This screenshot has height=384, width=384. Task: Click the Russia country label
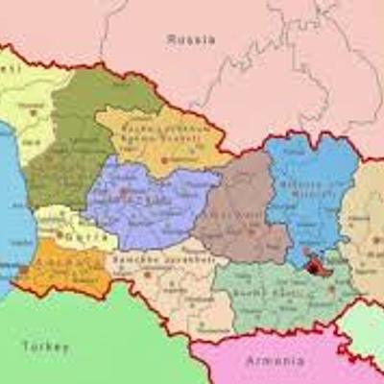[x=190, y=39]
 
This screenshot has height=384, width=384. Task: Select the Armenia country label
[x=276, y=361]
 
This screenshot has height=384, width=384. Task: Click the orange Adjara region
[x=58, y=269]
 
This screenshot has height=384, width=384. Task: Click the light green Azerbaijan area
[x=365, y=326]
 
